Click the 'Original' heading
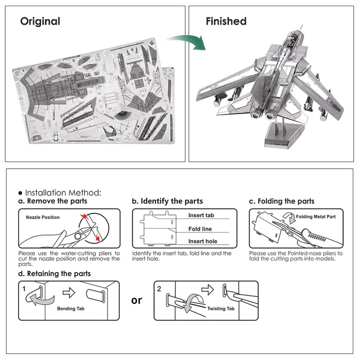click(40, 22)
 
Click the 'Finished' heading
click(226, 22)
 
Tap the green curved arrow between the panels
click(186, 41)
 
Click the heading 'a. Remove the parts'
click(52, 201)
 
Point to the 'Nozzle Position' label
click(43, 218)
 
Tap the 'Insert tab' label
click(201, 215)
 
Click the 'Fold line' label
click(200, 229)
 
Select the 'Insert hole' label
click(202, 241)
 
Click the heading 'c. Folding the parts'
click(281, 201)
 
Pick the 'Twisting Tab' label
click(221, 309)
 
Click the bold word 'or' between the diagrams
click(136, 300)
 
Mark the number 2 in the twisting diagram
click(159, 289)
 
